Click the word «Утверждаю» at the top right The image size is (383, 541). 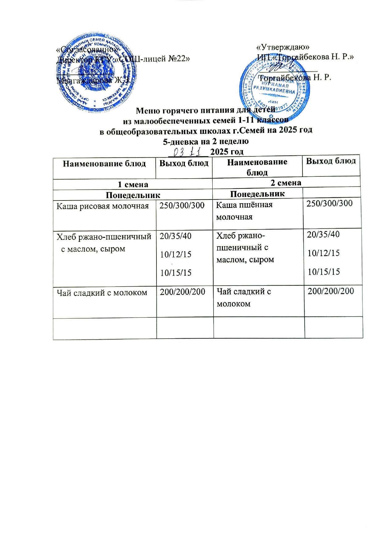[283, 47]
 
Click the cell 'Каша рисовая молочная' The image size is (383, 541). [102, 206]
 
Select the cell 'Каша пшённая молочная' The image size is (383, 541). [244, 211]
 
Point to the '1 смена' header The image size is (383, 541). [133, 184]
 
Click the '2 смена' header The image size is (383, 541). [286, 183]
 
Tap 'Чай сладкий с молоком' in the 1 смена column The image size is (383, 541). [102, 292]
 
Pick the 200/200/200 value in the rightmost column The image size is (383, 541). [331, 291]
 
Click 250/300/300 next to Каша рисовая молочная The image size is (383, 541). [182, 205]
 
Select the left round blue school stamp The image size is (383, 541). [96, 73]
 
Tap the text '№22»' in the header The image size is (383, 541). [178, 58]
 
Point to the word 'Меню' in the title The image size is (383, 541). [147, 110]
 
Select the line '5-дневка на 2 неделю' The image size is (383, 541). [206, 141]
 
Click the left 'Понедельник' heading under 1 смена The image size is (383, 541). [133, 195]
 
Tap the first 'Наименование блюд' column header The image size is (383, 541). [104, 163]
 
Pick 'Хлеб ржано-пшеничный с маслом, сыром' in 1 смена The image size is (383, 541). [104, 242]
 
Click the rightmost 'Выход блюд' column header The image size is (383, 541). [331, 161]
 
